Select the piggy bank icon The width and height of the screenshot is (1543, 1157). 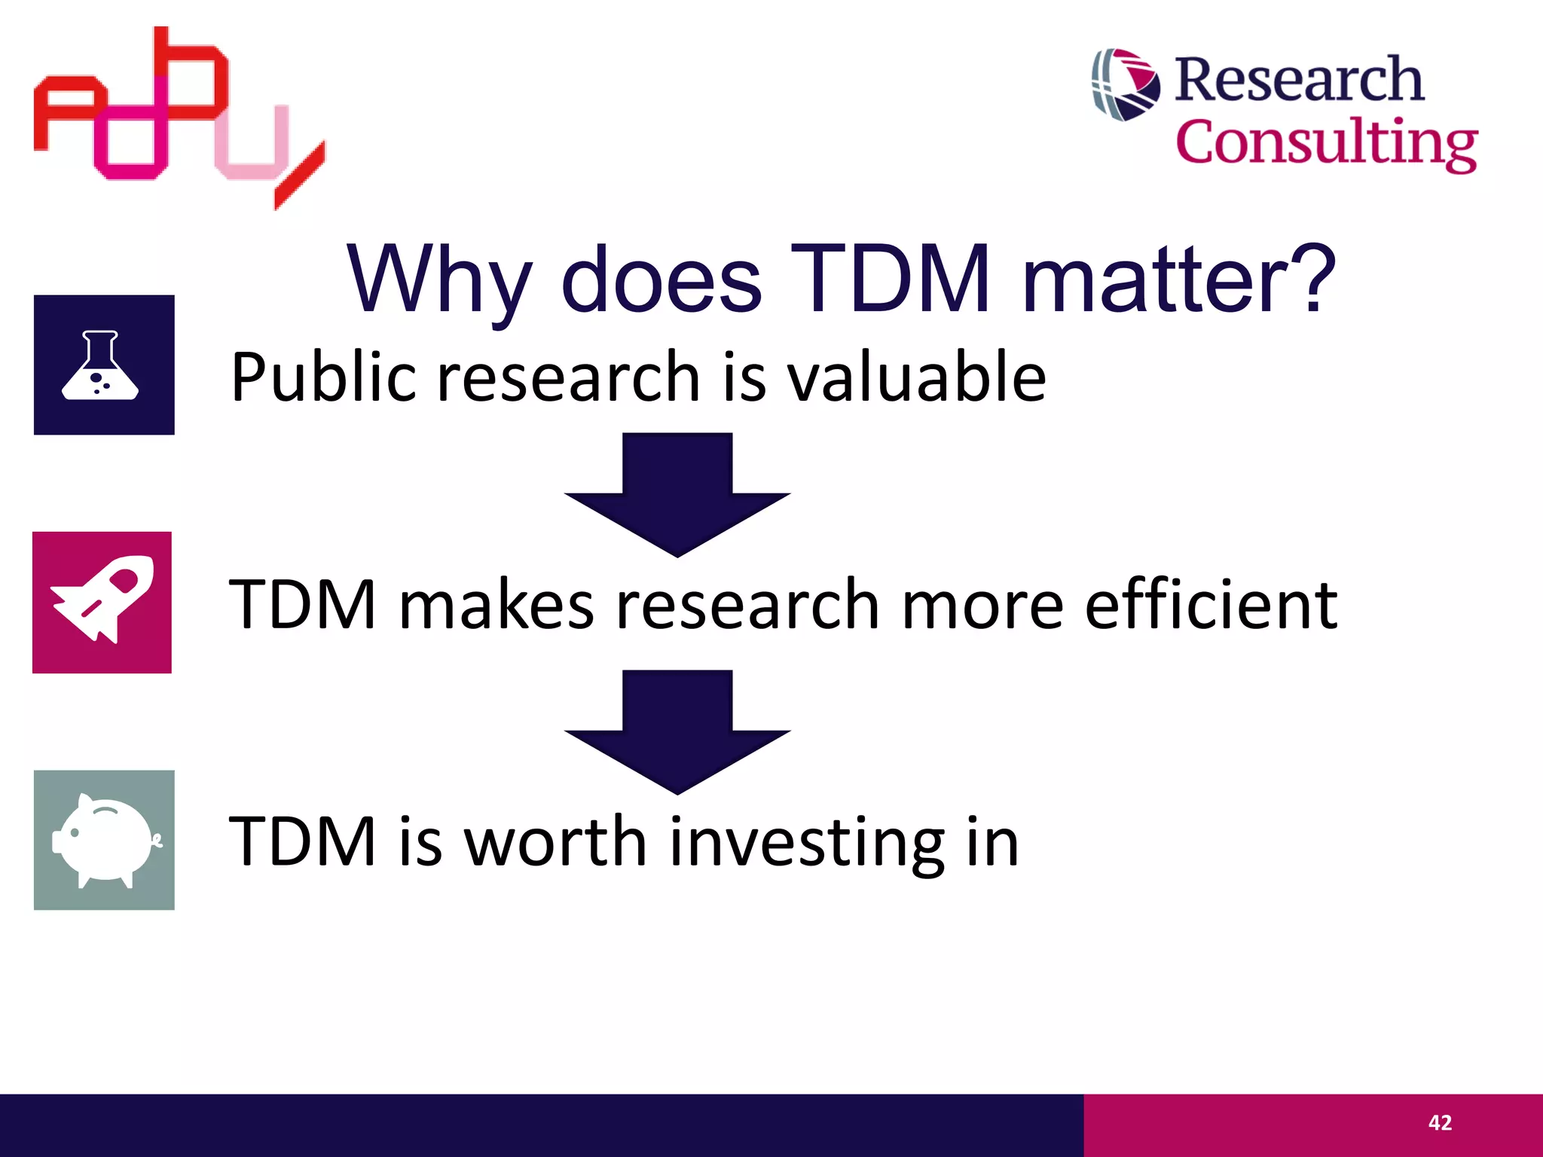point(104,840)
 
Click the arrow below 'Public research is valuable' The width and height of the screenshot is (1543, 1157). point(677,493)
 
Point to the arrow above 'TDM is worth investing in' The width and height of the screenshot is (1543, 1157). point(677,731)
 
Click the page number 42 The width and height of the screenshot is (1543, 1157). point(1440,1123)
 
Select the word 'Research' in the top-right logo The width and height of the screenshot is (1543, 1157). point(1299,79)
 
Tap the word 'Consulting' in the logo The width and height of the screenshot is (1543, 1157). point(1326,143)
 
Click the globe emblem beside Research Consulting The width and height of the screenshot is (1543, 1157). point(1126,84)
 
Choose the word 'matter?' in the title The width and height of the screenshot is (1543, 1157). point(1178,280)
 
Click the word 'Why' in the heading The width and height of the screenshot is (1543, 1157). point(439,280)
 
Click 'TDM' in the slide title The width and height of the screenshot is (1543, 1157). point(889,280)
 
